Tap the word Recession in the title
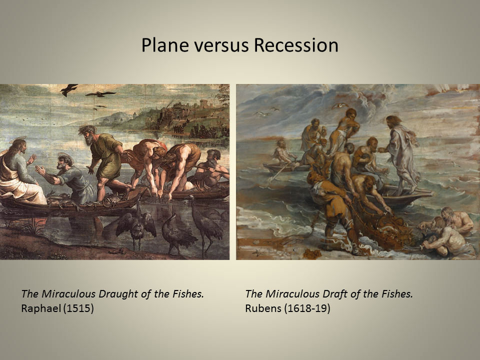pos(295,45)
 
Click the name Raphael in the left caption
pos(39,307)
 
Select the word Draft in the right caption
pos(320,294)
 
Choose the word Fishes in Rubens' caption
pos(397,294)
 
